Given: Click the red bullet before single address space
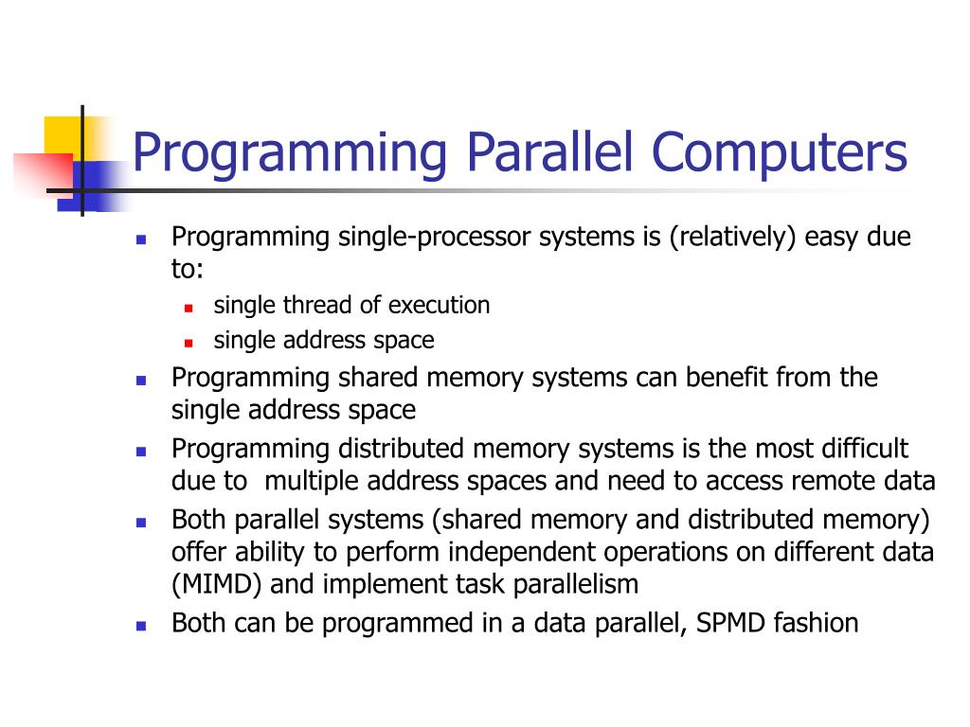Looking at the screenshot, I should pyautogui.click(x=189, y=342).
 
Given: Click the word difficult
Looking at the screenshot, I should pyautogui.click(x=863, y=448).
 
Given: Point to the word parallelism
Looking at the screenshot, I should pyautogui.click(x=576, y=585).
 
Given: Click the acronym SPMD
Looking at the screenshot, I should pyautogui.click(x=723, y=623).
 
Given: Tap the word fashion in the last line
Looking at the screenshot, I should pyautogui.click(x=817, y=623).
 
